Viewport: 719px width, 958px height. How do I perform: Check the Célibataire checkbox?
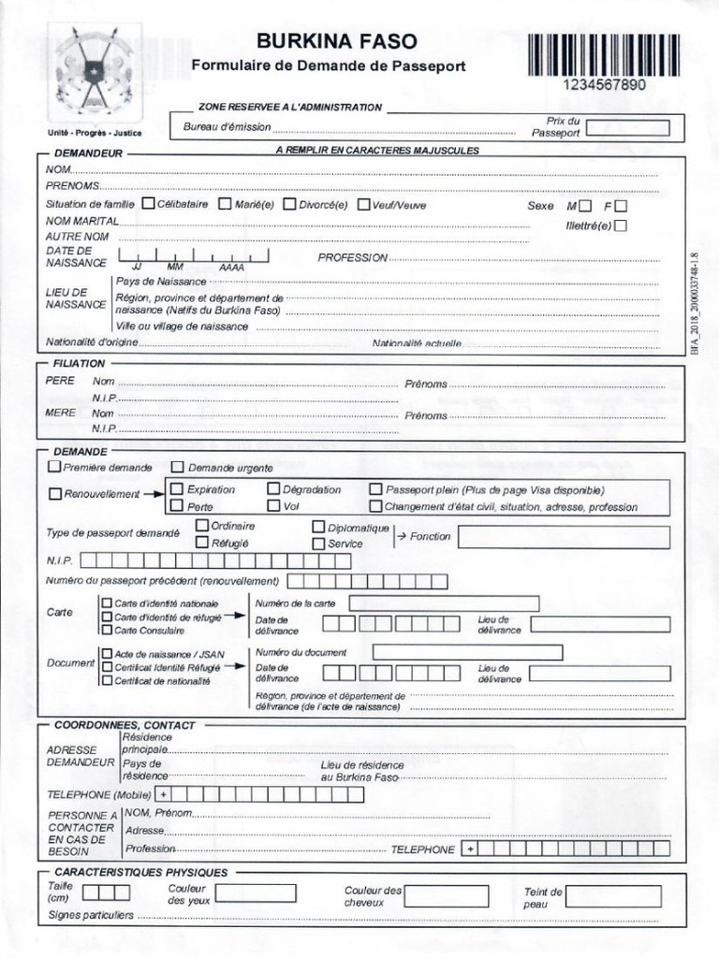(x=149, y=203)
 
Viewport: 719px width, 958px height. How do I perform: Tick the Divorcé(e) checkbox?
(x=289, y=203)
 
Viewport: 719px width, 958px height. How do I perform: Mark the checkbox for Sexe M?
(x=585, y=205)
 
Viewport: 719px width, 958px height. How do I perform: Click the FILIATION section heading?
(x=80, y=363)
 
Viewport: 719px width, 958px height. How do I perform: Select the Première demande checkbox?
(x=54, y=466)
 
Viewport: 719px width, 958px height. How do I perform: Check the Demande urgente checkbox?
(x=178, y=466)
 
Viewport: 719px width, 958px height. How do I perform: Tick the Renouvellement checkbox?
(x=54, y=493)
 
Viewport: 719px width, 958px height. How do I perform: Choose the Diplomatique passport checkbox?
(x=318, y=527)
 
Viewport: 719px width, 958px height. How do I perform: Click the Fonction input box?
(x=564, y=537)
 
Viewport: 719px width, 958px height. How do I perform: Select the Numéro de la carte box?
(x=444, y=603)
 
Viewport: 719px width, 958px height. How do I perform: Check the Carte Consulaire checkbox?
(x=107, y=630)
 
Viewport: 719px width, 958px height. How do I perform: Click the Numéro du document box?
(x=467, y=652)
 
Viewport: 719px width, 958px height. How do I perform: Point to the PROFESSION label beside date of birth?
(x=352, y=257)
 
